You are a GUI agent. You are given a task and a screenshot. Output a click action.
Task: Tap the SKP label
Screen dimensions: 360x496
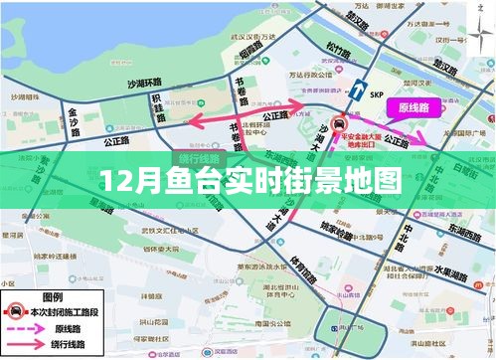coord(376,95)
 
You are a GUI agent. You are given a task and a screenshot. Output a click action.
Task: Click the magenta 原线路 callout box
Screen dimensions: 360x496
coord(413,106)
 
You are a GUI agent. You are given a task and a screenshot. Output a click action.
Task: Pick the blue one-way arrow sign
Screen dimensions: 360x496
coord(355,90)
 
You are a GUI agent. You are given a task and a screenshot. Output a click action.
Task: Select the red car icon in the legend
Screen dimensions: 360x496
coord(16,310)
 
